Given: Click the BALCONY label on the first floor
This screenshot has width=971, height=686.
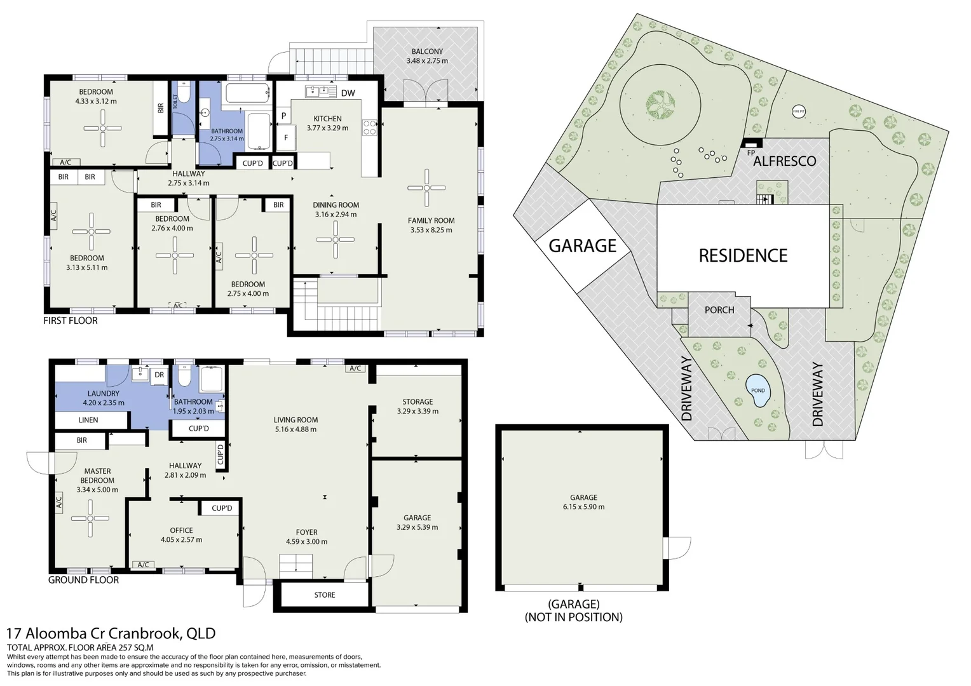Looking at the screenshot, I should point(427,51).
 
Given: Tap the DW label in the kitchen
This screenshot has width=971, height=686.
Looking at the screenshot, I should point(348,93).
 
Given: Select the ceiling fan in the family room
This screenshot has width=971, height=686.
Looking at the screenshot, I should point(426,187).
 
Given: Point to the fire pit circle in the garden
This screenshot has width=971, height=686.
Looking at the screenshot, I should point(799,112).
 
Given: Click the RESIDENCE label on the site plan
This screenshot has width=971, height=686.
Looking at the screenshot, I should point(743,255).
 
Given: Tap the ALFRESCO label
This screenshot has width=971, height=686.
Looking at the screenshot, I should point(784,161).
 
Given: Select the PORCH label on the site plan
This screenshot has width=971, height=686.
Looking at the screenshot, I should point(719,310).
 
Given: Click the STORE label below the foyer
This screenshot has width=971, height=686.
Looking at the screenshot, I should point(324,595).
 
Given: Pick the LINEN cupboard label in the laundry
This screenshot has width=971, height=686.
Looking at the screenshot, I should point(88,420).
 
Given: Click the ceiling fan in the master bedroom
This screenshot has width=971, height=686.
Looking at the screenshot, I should point(90,518).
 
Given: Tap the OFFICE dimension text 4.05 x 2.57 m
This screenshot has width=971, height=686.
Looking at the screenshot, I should point(181,540).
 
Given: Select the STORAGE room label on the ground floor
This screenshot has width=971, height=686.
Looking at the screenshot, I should point(418,402).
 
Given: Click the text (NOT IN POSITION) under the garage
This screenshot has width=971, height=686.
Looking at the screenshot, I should point(573,617).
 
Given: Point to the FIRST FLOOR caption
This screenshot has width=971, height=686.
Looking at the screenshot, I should point(71,321).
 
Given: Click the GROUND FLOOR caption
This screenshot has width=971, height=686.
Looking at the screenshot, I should point(83,580).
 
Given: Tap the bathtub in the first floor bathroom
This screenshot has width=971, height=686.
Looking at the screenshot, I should point(247,94).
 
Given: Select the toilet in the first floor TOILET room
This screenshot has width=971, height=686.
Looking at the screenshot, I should point(184,93).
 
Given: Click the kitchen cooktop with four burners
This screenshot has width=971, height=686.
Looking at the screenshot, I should point(369,128).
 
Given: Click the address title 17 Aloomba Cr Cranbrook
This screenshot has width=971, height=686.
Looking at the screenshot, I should point(111,633).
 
